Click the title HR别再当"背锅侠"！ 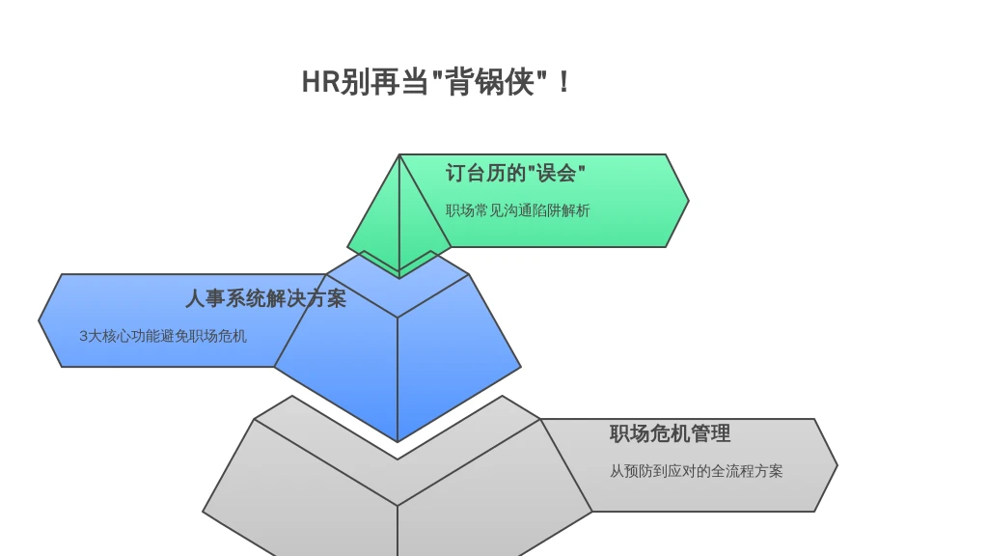click(x=436, y=82)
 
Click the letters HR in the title click(x=320, y=82)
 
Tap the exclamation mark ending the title click(x=563, y=82)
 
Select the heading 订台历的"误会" click(x=515, y=173)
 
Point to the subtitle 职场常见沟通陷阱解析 click(x=517, y=210)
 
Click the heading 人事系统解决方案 click(x=265, y=298)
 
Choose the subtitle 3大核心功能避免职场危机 click(x=162, y=336)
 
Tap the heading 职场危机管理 click(x=670, y=433)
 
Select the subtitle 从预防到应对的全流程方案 click(x=696, y=471)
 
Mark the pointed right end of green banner click(x=688, y=201)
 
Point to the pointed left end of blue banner click(x=39, y=320)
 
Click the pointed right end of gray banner click(x=837, y=465)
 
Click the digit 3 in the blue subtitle click(x=83, y=336)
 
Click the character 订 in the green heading click(x=455, y=173)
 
